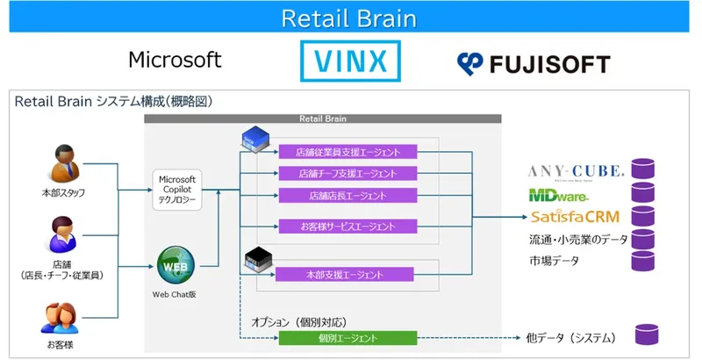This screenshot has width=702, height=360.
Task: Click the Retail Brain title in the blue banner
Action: pos(349,18)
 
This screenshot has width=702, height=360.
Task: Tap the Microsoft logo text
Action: pos(175,60)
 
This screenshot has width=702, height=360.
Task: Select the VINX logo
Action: pos(350,61)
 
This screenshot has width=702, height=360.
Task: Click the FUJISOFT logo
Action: pos(533,63)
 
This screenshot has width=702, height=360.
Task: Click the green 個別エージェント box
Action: pos(347,338)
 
